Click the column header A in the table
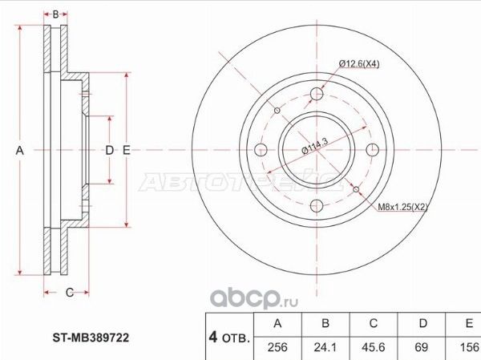tap(277, 323)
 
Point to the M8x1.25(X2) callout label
tap(403, 207)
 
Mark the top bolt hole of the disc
tap(316, 95)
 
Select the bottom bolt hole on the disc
tap(316, 204)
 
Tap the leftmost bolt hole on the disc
tap(261, 150)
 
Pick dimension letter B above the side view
tap(55, 14)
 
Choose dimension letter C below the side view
tap(70, 292)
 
